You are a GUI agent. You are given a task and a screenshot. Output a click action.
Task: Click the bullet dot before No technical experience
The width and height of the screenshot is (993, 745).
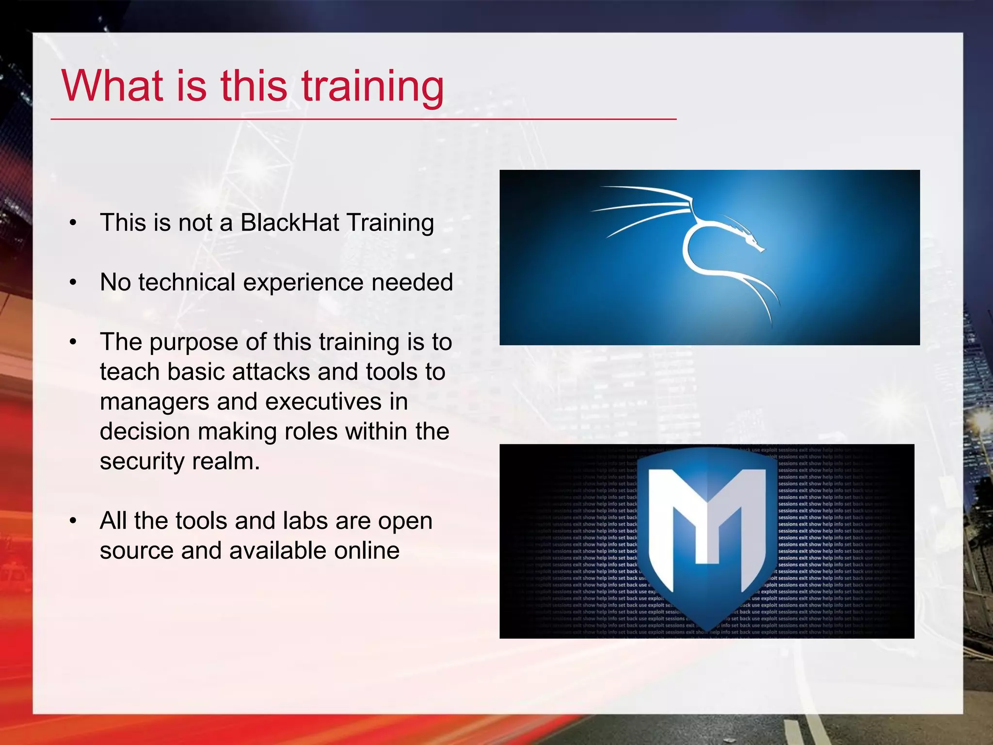(73, 283)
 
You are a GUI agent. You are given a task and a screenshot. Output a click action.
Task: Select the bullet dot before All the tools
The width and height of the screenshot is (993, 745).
(73, 521)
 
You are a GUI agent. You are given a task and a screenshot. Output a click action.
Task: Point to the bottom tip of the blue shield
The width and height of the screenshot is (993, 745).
(707, 630)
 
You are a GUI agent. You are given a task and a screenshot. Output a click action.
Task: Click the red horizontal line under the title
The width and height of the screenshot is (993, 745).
(364, 119)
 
